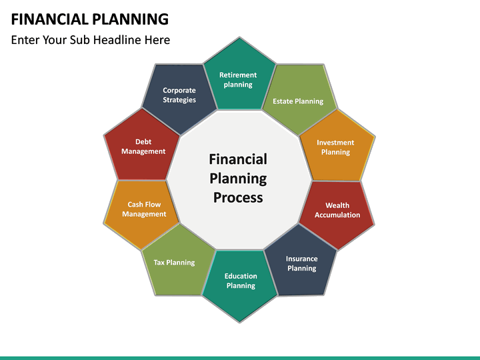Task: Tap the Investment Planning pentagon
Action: pos(335,146)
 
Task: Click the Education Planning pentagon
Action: pos(240,282)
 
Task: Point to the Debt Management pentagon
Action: pos(143,146)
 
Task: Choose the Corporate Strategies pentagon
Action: pos(179,96)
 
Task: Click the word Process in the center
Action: pos(238,197)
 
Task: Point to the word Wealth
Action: pos(337,205)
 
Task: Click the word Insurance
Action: pos(302,259)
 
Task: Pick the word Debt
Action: pos(143,141)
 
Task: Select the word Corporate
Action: pos(179,90)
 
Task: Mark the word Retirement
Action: pos(238,75)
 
